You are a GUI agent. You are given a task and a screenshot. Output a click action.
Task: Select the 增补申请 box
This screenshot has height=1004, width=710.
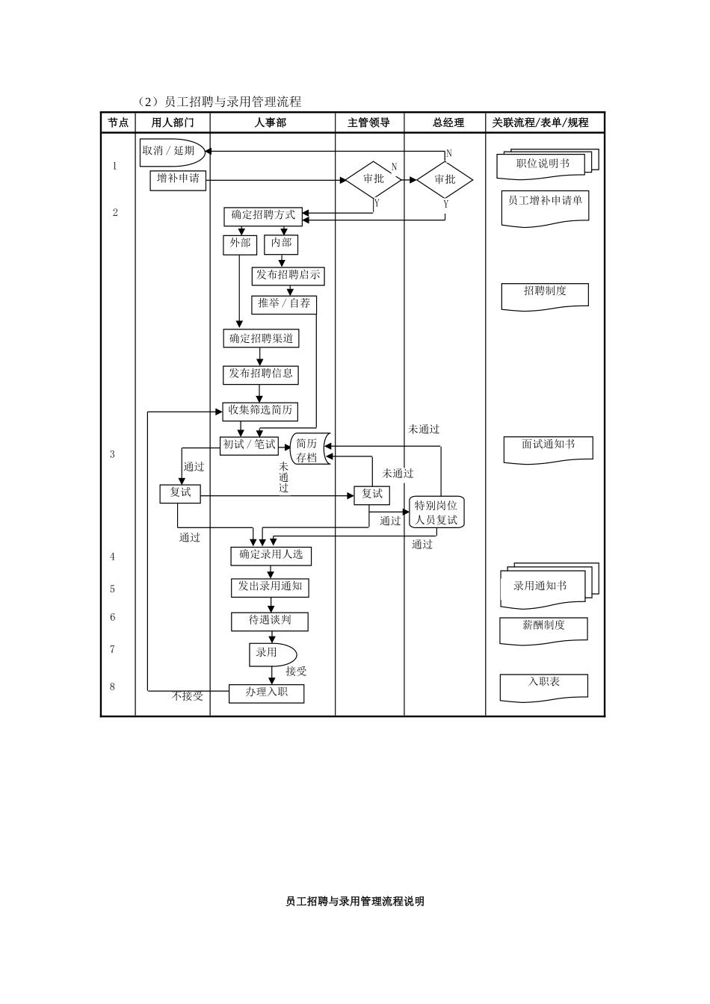(x=178, y=179)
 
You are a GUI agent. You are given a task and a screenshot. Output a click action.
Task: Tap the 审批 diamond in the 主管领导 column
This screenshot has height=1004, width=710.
(x=373, y=179)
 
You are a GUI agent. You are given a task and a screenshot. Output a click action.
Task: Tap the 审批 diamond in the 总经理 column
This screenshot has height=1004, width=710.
(x=445, y=179)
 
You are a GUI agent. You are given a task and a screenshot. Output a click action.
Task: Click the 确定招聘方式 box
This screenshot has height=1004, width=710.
(x=263, y=216)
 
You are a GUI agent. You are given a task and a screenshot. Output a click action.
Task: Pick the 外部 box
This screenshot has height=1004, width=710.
(x=240, y=244)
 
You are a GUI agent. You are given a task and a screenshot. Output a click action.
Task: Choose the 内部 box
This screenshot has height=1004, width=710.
(x=282, y=244)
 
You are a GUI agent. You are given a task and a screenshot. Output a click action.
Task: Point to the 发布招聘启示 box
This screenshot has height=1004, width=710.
(x=288, y=276)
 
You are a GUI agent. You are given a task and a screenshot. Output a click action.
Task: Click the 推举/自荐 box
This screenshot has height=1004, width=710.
(x=284, y=304)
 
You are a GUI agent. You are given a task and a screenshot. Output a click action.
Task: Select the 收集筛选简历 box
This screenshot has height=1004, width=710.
(x=260, y=411)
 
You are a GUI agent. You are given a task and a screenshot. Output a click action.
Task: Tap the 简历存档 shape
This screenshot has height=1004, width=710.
(x=309, y=450)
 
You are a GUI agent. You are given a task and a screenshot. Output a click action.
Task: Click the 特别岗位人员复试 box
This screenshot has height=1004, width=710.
(x=436, y=512)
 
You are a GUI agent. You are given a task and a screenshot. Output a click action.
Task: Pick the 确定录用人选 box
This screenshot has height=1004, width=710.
(x=271, y=555)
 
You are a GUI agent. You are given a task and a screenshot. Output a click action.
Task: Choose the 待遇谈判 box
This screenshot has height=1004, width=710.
(x=269, y=621)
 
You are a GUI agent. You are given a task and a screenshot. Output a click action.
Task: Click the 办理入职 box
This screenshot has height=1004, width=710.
(x=266, y=693)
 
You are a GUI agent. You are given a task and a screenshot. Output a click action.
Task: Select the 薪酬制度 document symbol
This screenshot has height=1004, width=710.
(x=543, y=628)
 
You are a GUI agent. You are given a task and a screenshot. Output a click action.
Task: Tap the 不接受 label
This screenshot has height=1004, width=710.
(x=188, y=696)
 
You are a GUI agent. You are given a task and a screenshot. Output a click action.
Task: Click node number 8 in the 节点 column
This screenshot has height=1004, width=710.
(x=113, y=687)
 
